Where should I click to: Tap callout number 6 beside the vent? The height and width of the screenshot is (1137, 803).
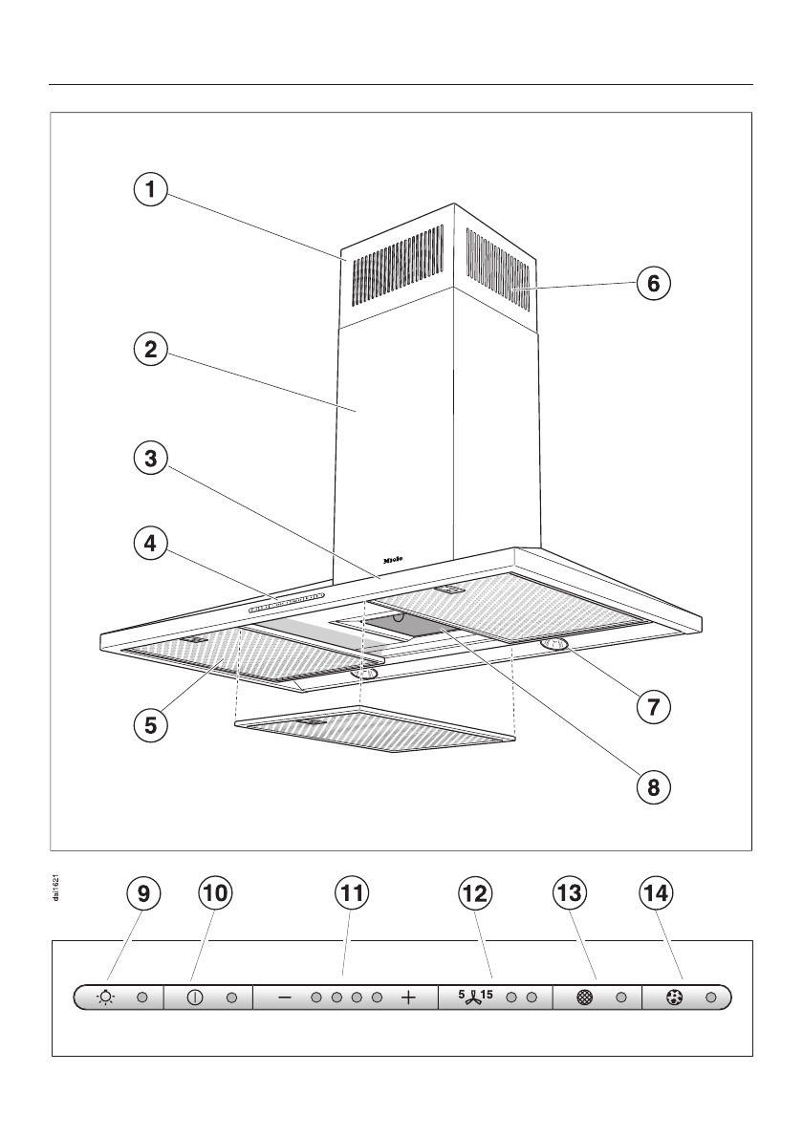(654, 283)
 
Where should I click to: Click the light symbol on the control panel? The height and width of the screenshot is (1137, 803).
(105, 998)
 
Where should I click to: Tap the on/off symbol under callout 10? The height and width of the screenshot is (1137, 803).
(195, 998)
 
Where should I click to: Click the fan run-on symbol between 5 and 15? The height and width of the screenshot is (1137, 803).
(475, 1000)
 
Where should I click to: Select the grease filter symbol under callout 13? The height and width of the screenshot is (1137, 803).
(585, 998)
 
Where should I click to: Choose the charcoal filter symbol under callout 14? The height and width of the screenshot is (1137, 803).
(674, 998)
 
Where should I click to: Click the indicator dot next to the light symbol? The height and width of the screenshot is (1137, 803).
(141, 998)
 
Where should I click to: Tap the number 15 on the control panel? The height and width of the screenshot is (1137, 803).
(488, 995)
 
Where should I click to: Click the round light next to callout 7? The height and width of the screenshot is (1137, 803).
(555, 647)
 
